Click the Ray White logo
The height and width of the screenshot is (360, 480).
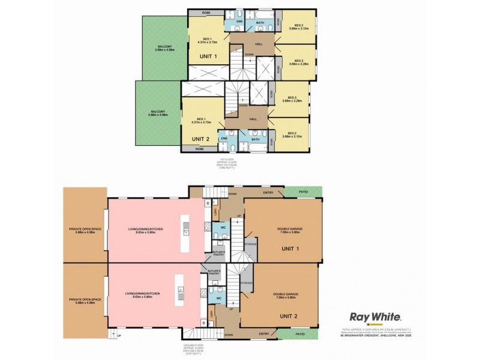376,316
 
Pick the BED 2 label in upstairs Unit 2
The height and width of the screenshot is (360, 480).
292,133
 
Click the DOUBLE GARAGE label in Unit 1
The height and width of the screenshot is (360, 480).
287,229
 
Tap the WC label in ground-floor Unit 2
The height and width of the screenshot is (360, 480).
219,298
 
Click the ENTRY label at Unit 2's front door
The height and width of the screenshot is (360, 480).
263,334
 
